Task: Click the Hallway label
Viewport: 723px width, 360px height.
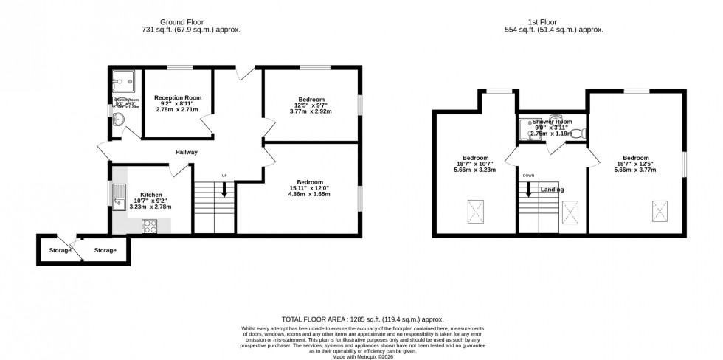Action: point(186,153)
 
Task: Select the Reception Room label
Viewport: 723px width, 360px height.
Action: point(178,97)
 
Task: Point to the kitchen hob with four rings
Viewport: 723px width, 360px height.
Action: point(151,226)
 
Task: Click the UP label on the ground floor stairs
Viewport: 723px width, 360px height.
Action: point(224,176)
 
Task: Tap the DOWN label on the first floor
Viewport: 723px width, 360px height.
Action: point(528,176)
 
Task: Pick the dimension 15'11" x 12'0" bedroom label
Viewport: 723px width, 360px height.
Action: point(310,182)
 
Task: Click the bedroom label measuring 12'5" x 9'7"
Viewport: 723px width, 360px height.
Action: point(311,100)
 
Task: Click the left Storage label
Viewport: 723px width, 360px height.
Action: point(60,251)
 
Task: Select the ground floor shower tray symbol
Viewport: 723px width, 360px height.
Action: point(121,82)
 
